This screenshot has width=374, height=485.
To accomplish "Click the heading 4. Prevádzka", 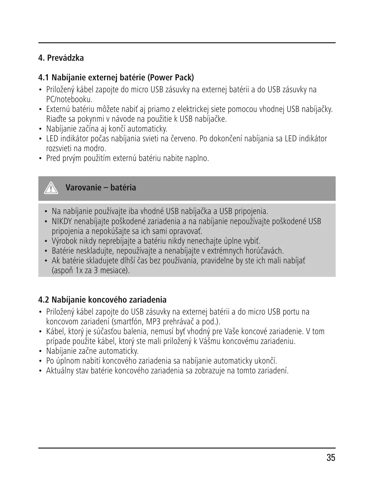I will [x=61, y=58].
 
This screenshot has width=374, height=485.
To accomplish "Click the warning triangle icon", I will [x=51, y=188].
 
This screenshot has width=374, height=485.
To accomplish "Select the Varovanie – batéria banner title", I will [x=101, y=188].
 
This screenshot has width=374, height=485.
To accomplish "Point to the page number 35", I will [x=331, y=458].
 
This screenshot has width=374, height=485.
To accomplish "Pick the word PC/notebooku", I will [x=69, y=99].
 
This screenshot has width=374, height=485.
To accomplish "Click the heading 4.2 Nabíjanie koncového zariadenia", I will [x=102, y=300].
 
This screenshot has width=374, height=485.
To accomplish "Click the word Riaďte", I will [x=55, y=119].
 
